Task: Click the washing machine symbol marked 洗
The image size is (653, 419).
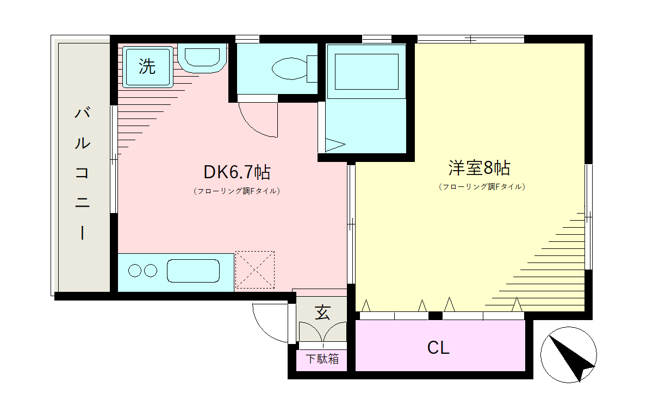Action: pyautogui.click(x=147, y=67)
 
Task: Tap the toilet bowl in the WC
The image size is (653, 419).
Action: pyautogui.click(x=289, y=69)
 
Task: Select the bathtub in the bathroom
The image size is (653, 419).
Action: pyautogui.click(x=366, y=72)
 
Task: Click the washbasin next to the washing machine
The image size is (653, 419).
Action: pyautogui.click(x=202, y=58)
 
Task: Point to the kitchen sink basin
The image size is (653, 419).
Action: pyautogui.click(x=193, y=271)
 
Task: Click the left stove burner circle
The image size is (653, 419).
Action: pyautogui.click(x=135, y=271)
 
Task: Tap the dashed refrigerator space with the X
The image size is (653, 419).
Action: pyautogui.click(x=255, y=270)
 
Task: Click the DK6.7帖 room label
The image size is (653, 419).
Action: pyautogui.click(x=237, y=172)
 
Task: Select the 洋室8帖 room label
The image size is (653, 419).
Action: pyautogui.click(x=479, y=168)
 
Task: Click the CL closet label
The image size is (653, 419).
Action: pyautogui.click(x=438, y=348)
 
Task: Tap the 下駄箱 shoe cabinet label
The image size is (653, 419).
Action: pyautogui.click(x=322, y=359)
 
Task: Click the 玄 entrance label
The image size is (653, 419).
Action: pyautogui.click(x=322, y=312)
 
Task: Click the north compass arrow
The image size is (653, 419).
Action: pyautogui.click(x=570, y=358)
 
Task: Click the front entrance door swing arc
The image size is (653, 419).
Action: pyautogui.click(x=264, y=329)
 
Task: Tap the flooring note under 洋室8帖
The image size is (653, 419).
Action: pyautogui.click(x=482, y=186)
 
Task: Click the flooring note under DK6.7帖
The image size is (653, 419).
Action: pyautogui.click(x=237, y=191)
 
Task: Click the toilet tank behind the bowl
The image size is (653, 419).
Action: pyautogui.click(x=312, y=69)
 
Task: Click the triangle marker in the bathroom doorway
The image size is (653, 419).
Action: pyautogui.click(x=335, y=145)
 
